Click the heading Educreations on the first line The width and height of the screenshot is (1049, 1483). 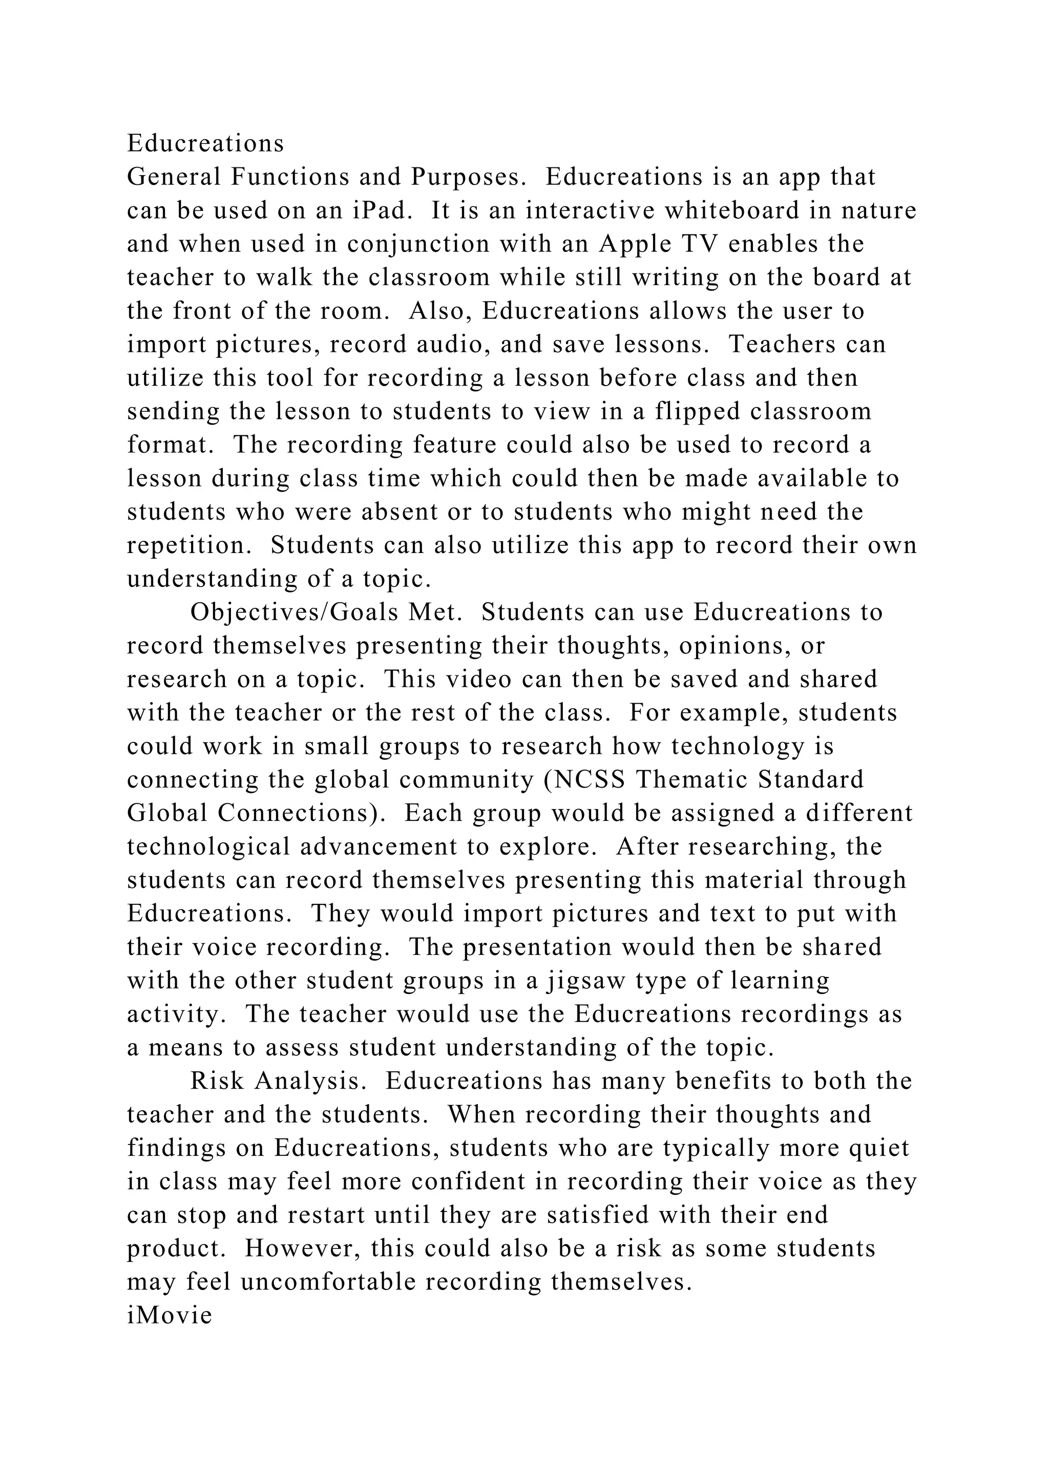pos(205,143)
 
